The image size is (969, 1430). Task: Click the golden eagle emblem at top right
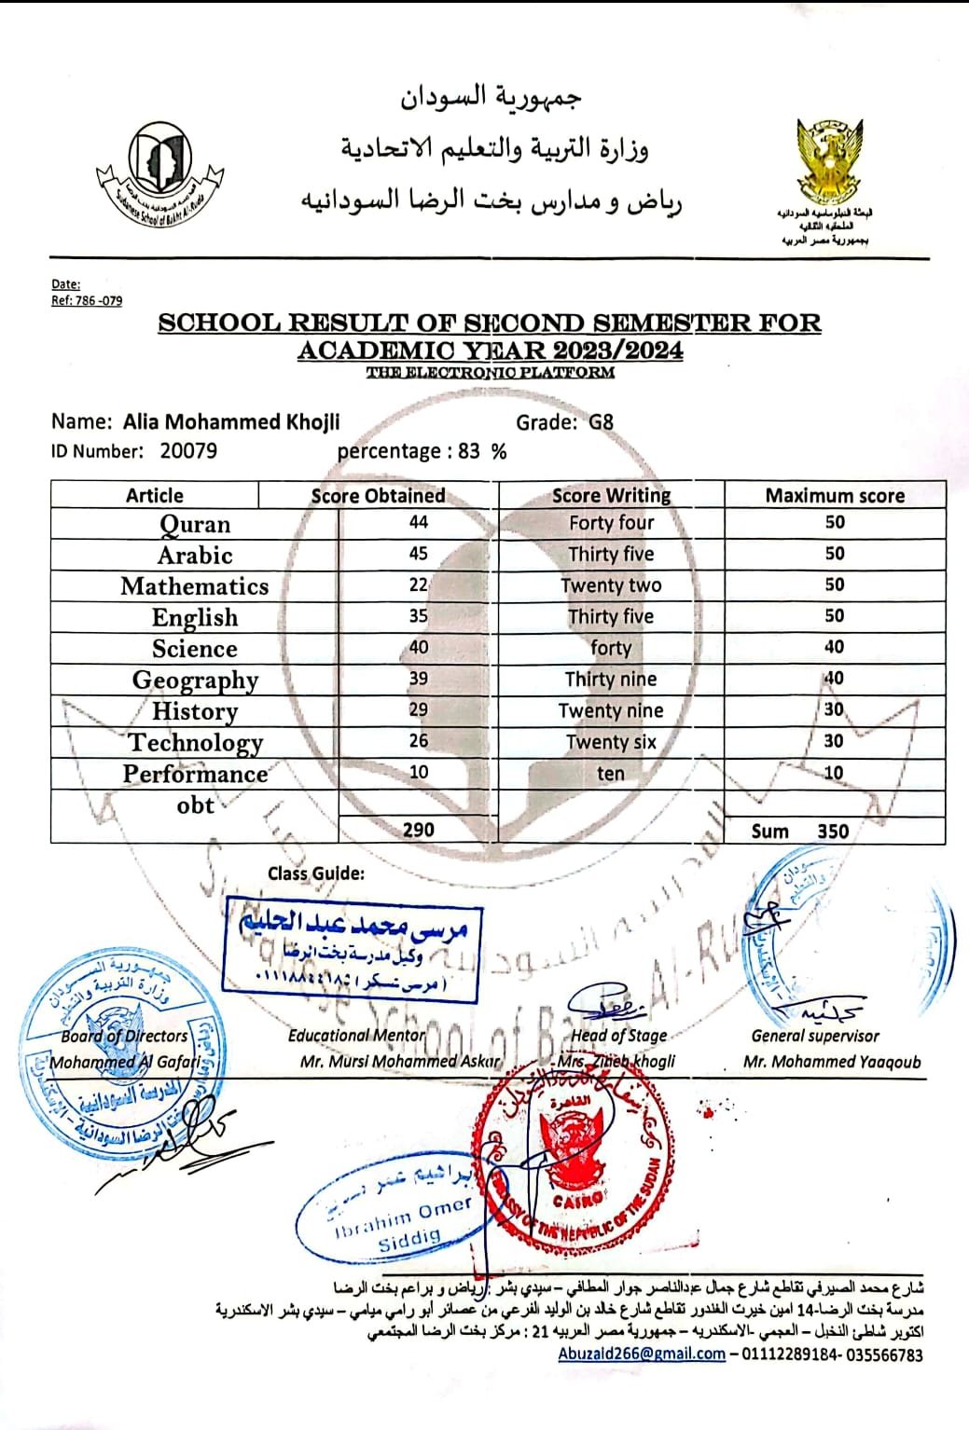829,162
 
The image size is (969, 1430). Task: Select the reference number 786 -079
97,300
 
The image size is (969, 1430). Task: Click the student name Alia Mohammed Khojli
231,421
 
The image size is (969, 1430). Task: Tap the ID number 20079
188,451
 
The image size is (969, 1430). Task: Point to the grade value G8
602,421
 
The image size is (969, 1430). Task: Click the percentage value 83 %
482,451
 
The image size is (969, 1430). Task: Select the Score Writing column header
611,495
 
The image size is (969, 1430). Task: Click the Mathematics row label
194,586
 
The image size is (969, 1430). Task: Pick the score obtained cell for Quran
418,523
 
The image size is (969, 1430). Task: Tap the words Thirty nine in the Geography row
611,680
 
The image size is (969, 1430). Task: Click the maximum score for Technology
834,741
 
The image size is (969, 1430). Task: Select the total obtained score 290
418,829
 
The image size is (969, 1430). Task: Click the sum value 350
833,831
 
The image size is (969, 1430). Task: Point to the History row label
195,711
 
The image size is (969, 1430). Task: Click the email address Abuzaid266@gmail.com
642,1354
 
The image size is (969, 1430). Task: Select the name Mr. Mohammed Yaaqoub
831,1062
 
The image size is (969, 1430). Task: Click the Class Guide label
316,873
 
